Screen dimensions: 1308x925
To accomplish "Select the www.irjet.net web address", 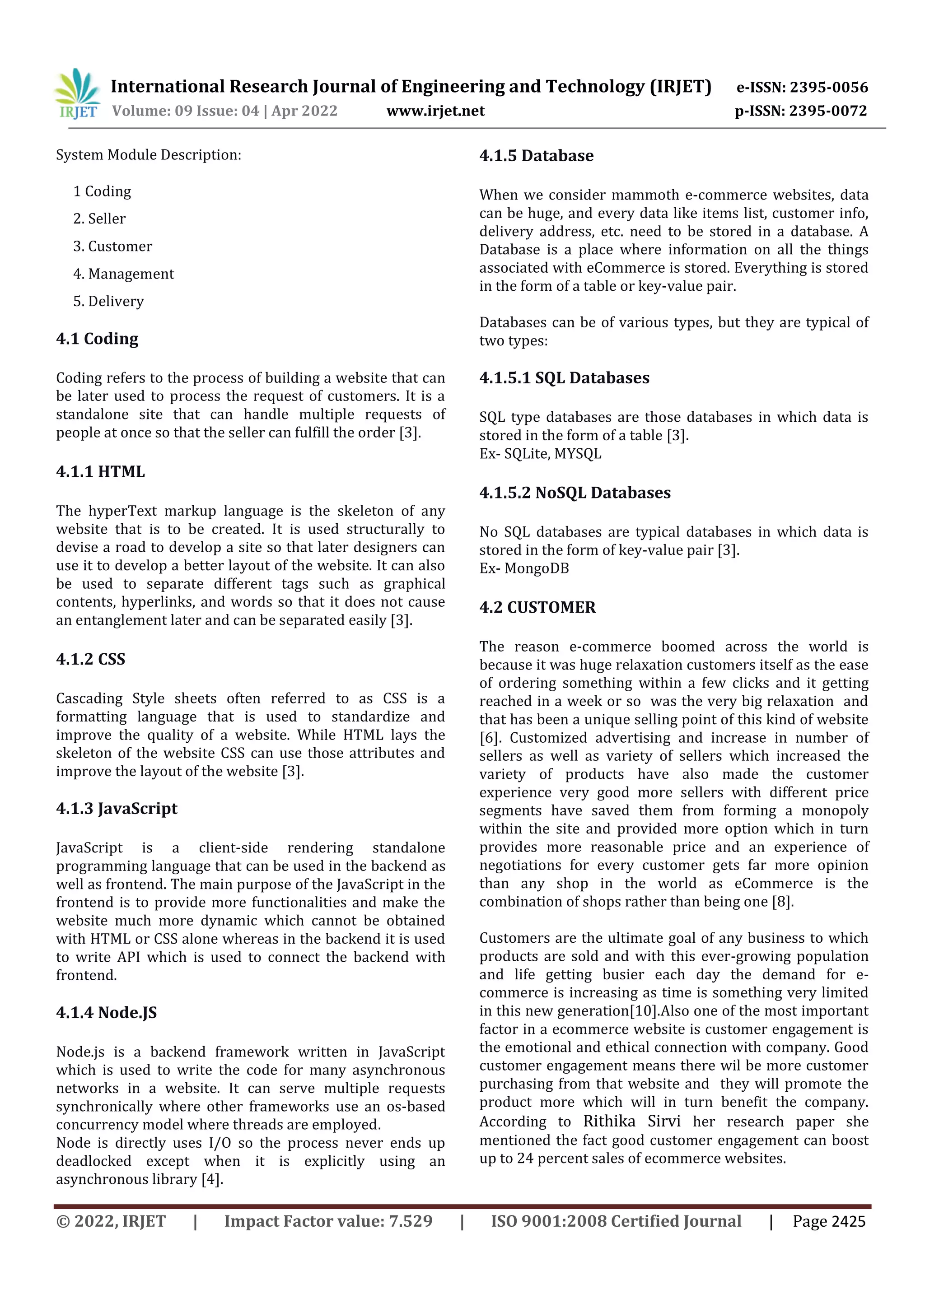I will click(x=435, y=111).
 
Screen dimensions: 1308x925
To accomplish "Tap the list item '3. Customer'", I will click(x=113, y=246).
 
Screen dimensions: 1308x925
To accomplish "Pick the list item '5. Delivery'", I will click(x=108, y=301).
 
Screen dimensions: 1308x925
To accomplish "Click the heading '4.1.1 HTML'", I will click(x=100, y=472).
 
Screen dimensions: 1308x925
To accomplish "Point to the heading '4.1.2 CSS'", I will click(x=91, y=659).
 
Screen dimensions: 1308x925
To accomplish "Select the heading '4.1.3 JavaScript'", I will click(x=117, y=808).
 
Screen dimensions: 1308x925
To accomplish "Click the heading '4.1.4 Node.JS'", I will click(x=107, y=1012).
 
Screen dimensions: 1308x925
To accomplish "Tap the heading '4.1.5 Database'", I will click(x=536, y=155).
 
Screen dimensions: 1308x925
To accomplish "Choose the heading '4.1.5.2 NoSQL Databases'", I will click(x=575, y=492).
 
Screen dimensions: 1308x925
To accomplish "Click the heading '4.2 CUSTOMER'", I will click(x=537, y=607).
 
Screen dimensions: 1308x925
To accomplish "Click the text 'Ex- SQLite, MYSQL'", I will click(x=540, y=454).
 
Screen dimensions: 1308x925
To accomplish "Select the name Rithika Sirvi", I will click(x=631, y=1121).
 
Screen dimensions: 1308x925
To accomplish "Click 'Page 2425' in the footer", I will click(x=829, y=1221).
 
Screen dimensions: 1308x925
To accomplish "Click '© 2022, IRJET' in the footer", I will click(x=111, y=1221).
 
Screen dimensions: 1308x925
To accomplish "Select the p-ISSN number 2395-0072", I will click(x=828, y=111).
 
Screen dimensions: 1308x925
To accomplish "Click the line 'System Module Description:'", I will click(x=149, y=155).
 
